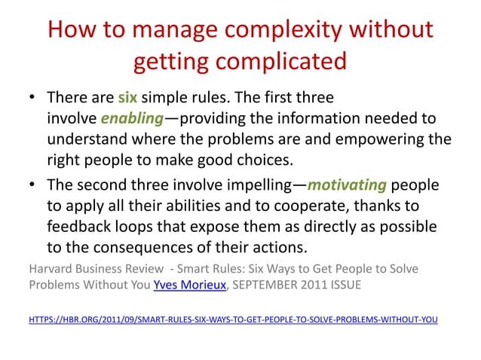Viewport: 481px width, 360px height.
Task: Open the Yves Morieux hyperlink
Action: (x=181, y=285)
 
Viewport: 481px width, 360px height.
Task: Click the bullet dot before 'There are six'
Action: (x=35, y=99)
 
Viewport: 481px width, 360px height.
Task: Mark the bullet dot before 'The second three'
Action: (x=35, y=186)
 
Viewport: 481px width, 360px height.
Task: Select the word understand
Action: (x=90, y=140)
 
